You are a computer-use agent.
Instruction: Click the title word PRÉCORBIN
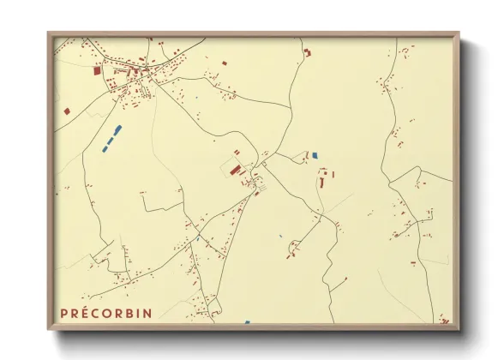(106, 313)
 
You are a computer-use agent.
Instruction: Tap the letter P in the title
(64, 313)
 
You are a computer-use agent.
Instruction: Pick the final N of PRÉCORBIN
(149, 313)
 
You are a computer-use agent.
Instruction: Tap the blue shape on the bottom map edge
(247, 322)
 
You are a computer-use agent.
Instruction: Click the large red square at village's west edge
(97, 71)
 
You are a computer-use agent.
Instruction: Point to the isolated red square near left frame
(67, 111)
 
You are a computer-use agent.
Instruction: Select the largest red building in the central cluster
(235, 171)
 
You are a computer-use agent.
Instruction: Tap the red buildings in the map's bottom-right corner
(444, 321)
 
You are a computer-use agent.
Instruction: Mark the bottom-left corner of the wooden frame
(49, 328)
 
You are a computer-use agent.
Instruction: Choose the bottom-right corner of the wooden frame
(459, 328)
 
